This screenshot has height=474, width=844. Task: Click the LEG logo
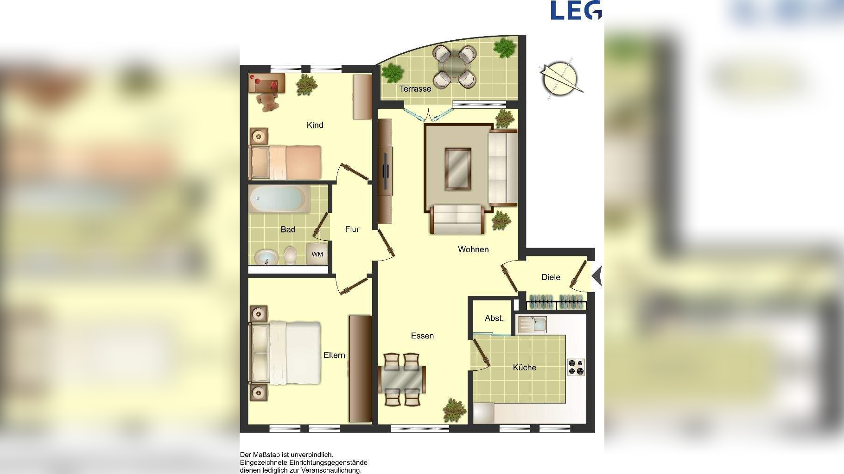point(576,10)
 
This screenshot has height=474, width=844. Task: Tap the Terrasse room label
point(415,88)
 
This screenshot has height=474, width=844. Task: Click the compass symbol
point(560,79)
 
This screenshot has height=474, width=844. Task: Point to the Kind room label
point(315,125)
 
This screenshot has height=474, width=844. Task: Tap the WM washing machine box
point(317,254)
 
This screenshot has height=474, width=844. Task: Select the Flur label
point(352,229)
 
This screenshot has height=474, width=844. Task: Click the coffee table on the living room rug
point(458,169)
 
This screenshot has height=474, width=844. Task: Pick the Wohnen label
point(473,249)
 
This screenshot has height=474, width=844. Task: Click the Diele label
point(551,277)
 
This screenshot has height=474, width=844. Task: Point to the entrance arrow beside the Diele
point(597,276)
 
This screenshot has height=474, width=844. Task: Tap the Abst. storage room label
point(494,318)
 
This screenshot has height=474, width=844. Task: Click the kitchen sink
point(533,324)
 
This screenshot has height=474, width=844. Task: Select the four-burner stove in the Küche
point(576,367)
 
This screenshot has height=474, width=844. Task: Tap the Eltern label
point(334,355)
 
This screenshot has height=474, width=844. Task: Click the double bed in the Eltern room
point(285,353)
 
